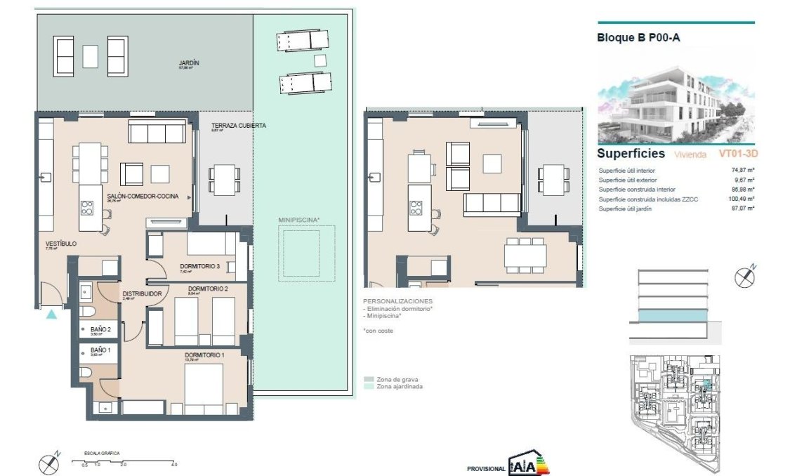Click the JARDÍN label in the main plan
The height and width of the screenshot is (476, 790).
tap(188, 63)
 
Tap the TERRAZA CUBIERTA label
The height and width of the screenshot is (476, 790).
tap(239, 126)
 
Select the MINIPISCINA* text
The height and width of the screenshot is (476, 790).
tap(299, 220)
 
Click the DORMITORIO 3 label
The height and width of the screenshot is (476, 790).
tap(200, 266)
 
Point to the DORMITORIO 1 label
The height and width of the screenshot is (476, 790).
tap(204, 355)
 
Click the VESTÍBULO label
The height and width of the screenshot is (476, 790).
tap(60, 244)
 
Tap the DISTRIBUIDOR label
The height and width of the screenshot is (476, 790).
tap(143, 293)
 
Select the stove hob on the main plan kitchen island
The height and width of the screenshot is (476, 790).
tap(88, 208)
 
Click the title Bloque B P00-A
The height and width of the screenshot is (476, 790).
tap(638, 38)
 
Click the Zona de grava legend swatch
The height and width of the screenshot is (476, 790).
tap(369, 378)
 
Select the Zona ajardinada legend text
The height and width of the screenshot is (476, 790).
tap(400, 386)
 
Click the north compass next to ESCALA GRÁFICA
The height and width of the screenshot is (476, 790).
tap(49, 463)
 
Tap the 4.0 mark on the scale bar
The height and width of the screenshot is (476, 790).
tap(174, 465)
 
